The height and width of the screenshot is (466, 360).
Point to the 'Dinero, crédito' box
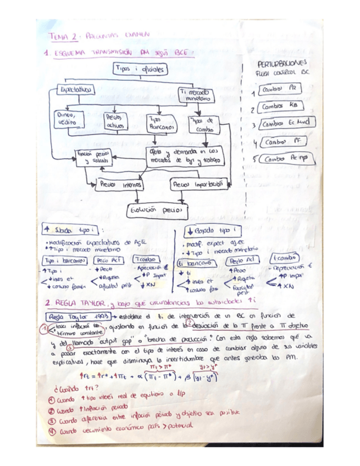(68, 118)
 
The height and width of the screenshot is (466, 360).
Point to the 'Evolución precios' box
(156, 210)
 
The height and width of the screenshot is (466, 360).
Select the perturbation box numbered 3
(282, 124)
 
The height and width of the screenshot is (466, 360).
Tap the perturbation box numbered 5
(284, 159)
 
